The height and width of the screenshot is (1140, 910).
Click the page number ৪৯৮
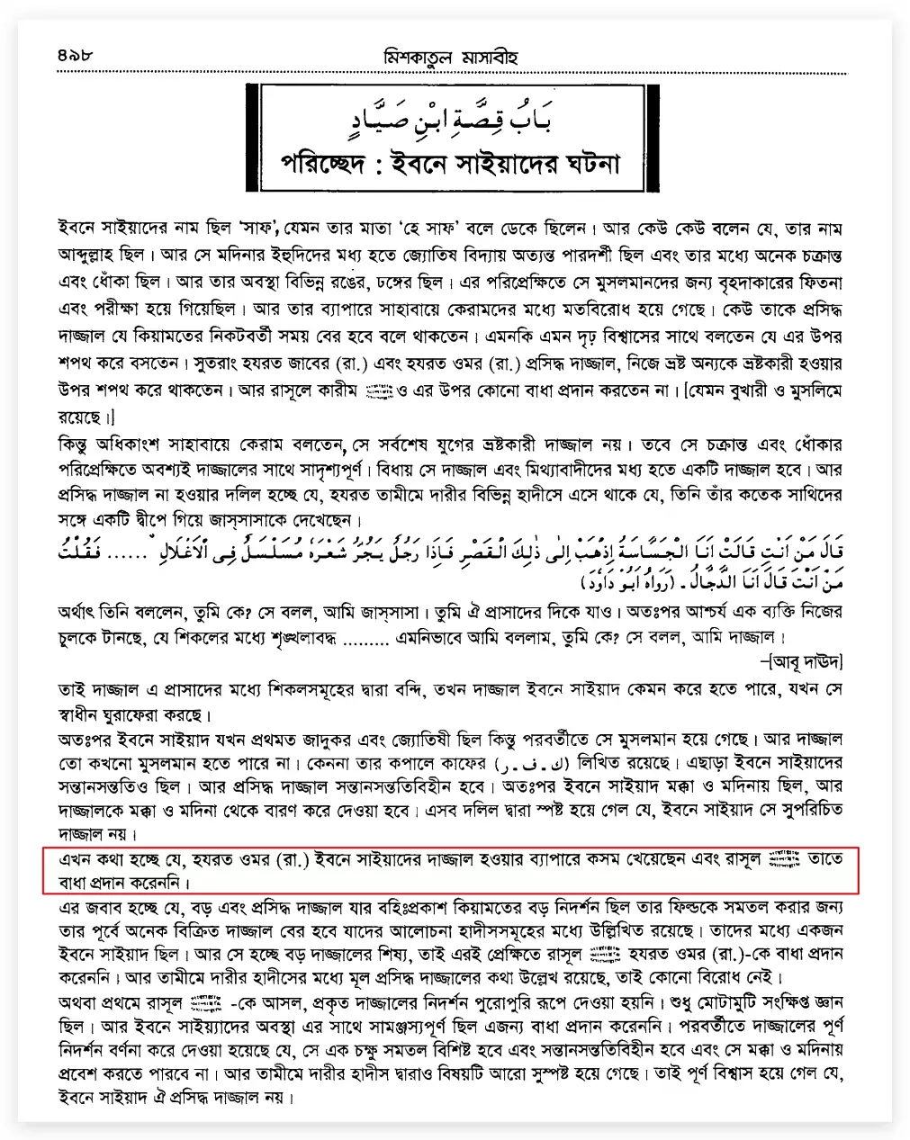[74, 57]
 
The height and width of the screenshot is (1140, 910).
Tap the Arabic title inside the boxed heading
[450, 115]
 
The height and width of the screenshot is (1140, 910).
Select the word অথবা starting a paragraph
[83, 1001]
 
